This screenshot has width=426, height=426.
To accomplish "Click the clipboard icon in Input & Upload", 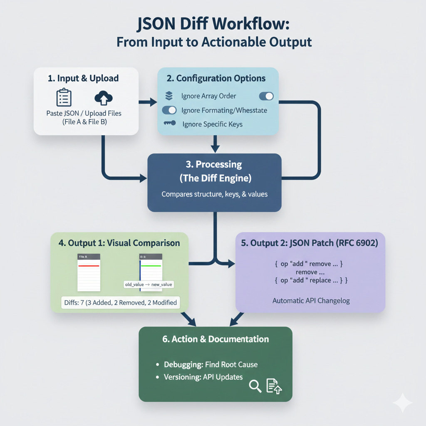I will (x=64, y=97).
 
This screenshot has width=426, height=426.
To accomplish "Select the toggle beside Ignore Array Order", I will (x=266, y=96).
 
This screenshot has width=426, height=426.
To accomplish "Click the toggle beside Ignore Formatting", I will (x=169, y=110).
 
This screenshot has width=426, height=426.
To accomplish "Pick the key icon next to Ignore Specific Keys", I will (x=169, y=124).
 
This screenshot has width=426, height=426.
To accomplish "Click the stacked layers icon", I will (x=169, y=96).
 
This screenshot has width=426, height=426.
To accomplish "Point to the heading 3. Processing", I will (x=214, y=164).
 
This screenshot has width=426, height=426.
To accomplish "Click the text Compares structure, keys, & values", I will (x=214, y=194).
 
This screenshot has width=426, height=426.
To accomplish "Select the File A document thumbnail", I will (x=89, y=272).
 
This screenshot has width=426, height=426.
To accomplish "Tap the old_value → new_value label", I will (x=149, y=285).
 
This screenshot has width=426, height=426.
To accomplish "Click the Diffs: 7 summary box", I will (x=120, y=302).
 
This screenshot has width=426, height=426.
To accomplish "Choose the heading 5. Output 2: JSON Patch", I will (x=310, y=243).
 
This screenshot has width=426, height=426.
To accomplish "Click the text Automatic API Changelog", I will (x=311, y=300).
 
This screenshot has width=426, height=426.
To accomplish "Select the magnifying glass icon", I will (x=255, y=386).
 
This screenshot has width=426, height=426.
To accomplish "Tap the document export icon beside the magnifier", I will (x=275, y=386).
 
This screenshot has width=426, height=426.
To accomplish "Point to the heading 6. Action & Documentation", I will (x=215, y=339).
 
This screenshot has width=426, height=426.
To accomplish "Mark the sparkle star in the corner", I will (x=402, y=403).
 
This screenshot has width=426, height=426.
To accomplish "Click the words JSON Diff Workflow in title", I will (x=213, y=24).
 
